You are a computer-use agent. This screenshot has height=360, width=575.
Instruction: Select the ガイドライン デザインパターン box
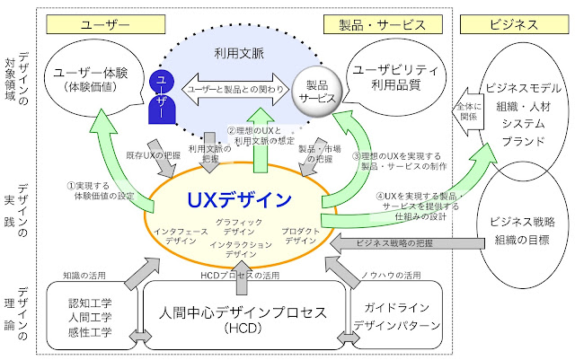point(396,315)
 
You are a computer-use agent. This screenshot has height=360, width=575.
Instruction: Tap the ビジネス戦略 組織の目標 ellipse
point(522,231)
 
